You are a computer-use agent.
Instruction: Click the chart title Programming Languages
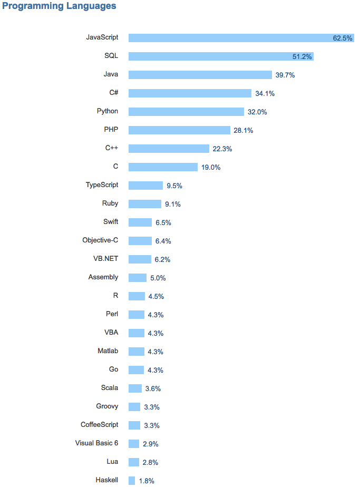[x=60, y=7]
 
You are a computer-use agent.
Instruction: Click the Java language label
[x=111, y=74]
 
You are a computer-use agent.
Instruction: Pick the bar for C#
[x=190, y=93]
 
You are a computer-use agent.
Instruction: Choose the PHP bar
[x=179, y=130]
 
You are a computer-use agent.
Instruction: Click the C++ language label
[x=112, y=148]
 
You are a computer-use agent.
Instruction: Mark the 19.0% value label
[x=210, y=167]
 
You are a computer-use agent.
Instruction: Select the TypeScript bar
[x=145, y=186]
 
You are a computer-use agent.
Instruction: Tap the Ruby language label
[x=110, y=203]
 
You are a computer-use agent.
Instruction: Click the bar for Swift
[x=140, y=222]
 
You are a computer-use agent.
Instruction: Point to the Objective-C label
[x=100, y=240]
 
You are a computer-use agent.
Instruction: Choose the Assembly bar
[x=138, y=278]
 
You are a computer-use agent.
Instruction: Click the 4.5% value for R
[x=156, y=296]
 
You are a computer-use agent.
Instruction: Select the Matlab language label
[x=108, y=351]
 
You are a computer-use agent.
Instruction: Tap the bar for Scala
[x=135, y=388]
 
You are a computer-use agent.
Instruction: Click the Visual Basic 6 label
[x=96, y=443]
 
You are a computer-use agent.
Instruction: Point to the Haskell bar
[x=132, y=481]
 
